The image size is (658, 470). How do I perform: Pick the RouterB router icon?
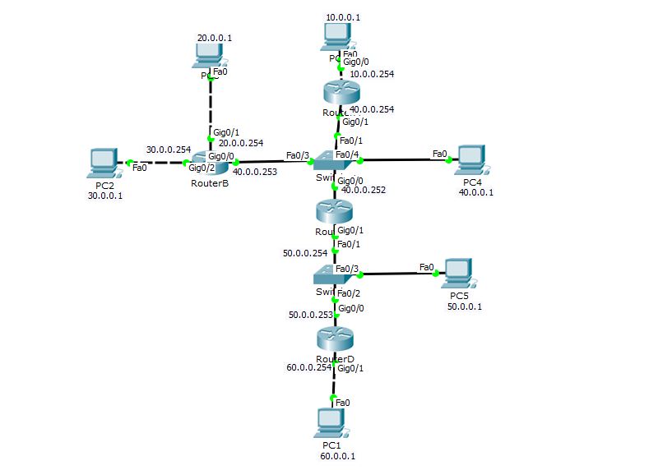click(209, 164)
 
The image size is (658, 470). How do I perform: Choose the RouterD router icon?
click(334, 338)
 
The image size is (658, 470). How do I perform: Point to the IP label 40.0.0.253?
click(255, 172)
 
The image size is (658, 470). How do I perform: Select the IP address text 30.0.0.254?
click(169, 150)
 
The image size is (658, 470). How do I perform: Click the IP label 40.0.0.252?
click(363, 190)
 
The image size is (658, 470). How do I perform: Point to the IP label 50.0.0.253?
click(310, 314)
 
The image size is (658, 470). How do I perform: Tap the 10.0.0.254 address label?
click(372, 74)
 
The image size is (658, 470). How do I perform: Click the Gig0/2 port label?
click(202, 168)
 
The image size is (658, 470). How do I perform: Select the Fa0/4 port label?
click(348, 154)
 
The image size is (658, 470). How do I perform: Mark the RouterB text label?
click(209, 183)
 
